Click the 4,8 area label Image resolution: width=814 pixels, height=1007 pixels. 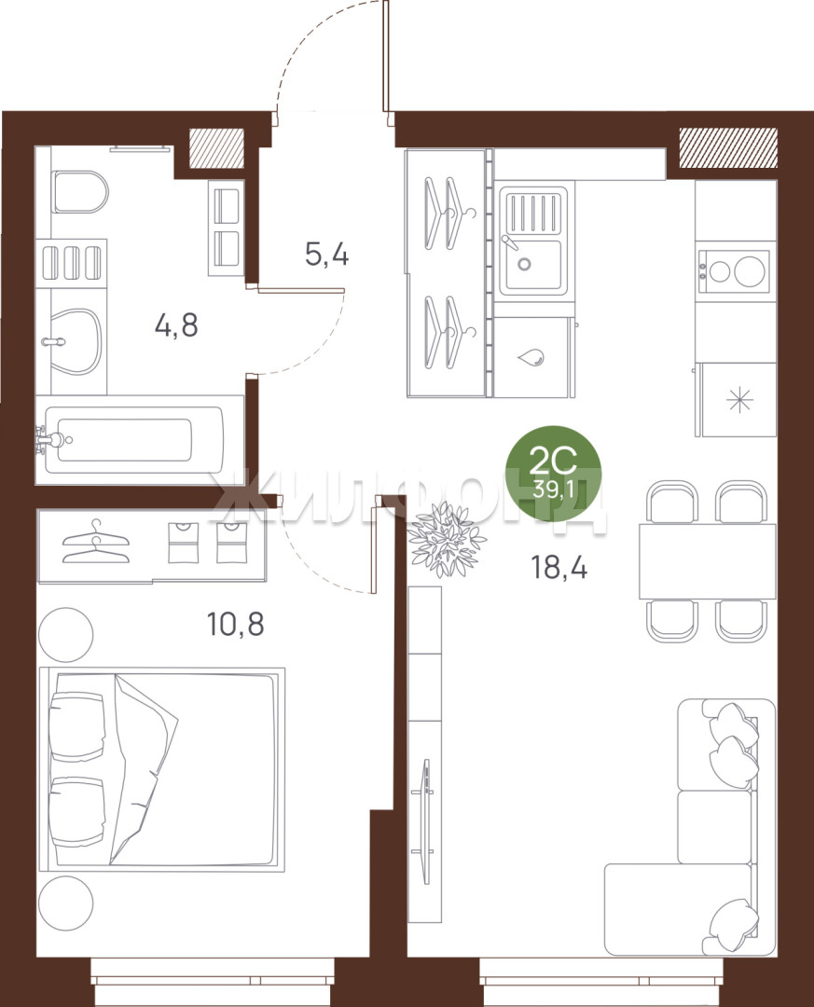[176, 325]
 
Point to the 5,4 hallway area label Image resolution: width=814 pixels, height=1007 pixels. [327, 255]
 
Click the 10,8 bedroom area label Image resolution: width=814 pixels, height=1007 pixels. [235, 624]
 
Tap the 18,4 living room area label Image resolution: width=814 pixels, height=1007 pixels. [559, 568]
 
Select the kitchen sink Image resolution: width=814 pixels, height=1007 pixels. [534, 241]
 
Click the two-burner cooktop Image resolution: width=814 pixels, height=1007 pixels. [733, 271]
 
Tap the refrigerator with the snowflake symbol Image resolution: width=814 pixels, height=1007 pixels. [738, 399]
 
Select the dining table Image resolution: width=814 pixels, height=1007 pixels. [708, 562]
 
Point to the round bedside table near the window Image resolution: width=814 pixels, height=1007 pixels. [65, 903]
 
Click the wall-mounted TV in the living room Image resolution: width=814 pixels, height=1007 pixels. [425, 822]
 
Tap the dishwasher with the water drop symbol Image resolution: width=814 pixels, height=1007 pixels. [533, 357]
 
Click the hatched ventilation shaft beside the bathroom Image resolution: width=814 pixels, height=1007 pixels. [216, 149]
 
